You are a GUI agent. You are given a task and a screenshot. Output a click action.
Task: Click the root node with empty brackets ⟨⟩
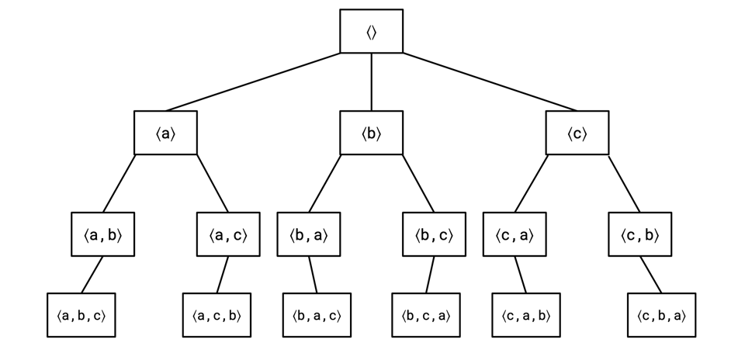(372, 32)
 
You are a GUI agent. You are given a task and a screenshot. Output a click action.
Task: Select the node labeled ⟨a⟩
(165, 133)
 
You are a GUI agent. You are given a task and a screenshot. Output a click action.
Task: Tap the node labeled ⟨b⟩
(372, 133)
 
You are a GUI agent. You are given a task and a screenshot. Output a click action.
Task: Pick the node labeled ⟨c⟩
(577, 133)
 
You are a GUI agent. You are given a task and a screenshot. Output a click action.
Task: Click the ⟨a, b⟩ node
(103, 234)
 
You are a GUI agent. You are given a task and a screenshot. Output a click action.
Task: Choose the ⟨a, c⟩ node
(227, 234)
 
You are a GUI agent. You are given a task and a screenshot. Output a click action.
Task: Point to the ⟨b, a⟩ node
(310, 234)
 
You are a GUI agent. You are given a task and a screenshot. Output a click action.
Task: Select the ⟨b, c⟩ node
(434, 234)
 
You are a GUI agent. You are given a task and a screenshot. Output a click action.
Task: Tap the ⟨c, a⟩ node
(515, 234)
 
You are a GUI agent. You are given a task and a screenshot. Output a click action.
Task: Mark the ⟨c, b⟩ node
(639, 234)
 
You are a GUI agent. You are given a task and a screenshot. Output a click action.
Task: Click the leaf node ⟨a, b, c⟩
(81, 315)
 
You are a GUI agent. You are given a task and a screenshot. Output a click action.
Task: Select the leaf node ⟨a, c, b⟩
(217, 315)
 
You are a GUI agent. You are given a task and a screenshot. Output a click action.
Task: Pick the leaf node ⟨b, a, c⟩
(317, 315)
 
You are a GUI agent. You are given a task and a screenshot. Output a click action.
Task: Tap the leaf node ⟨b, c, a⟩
(425, 315)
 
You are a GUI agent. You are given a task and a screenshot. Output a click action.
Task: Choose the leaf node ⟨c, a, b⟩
(525, 315)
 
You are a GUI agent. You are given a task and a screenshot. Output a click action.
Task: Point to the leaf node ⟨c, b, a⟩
(661, 315)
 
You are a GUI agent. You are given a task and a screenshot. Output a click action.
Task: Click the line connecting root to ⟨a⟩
(252, 82)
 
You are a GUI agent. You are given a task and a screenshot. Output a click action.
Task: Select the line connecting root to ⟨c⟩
(489, 82)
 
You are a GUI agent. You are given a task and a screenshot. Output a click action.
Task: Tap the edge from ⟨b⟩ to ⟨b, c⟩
(418, 183)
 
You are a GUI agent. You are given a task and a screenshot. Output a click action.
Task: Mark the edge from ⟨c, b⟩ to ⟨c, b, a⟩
(651, 275)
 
